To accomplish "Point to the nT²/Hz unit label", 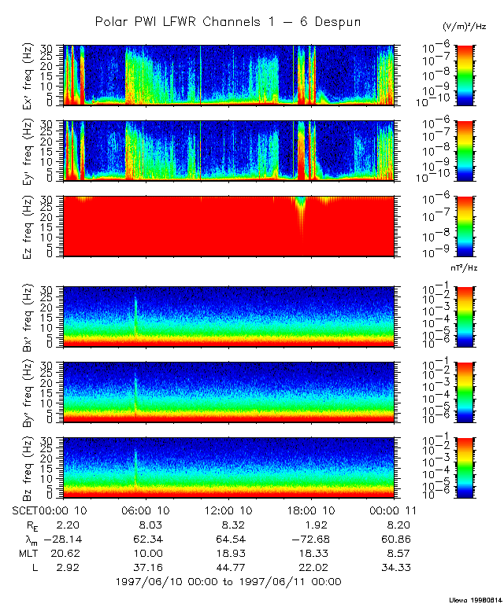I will point(465,267).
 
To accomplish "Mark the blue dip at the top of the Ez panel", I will point(300,202).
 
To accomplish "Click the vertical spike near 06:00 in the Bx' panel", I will point(135,311).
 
